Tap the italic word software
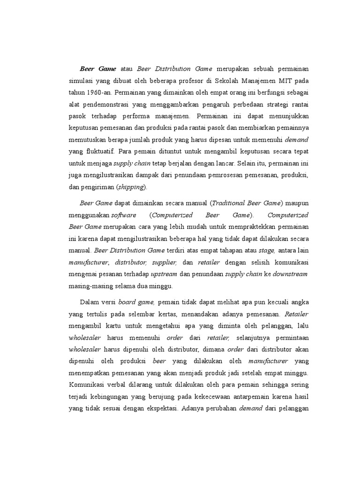click(x=124, y=215)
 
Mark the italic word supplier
click(x=164, y=262)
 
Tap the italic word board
click(x=127, y=302)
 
